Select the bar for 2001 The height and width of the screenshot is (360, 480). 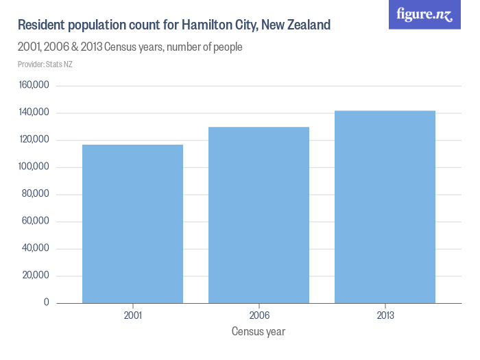tap(132, 224)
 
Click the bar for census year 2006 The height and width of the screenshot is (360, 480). tap(259, 215)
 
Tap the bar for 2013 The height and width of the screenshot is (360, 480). tap(385, 206)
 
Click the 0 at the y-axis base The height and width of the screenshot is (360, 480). tap(47, 302)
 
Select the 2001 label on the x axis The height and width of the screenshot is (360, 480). tap(132, 316)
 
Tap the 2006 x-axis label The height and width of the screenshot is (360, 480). tap(259, 316)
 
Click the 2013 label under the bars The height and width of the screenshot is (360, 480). tap(385, 316)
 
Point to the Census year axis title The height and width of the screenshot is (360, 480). tap(259, 332)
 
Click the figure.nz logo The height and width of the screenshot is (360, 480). tap(424, 14)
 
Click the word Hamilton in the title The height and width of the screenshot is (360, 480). tap(207, 26)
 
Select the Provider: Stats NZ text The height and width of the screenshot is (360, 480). tap(45, 64)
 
